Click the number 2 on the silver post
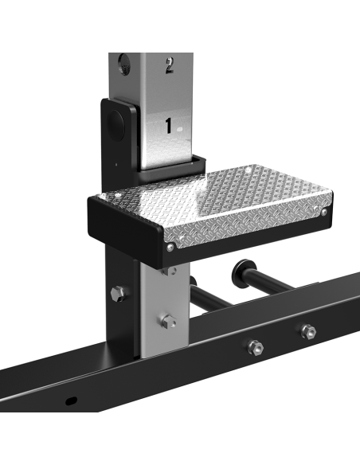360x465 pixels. (x=169, y=65)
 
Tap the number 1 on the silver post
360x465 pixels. (x=168, y=125)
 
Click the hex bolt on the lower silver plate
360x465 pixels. (x=168, y=321)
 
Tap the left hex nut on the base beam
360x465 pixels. (x=256, y=346)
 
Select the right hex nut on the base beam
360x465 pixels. (x=307, y=331)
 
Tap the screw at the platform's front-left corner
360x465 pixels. (x=170, y=247)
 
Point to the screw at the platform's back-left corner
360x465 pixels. (x=117, y=193)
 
